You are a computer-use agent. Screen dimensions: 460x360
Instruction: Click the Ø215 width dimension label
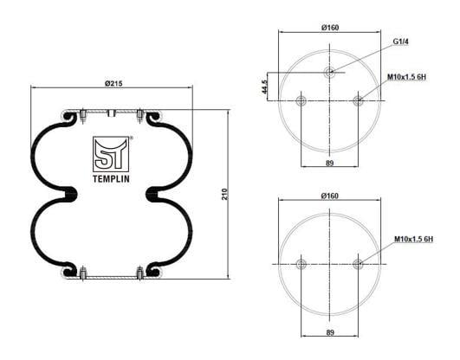pyautogui.click(x=113, y=84)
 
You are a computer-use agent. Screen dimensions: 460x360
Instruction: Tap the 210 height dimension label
pyautogui.click(x=224, y=194)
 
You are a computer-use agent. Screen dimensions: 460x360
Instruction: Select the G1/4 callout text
pyautogui.click(x=400, y=42)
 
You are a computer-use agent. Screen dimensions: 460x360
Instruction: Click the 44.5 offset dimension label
pyautogui.click(x=264, y=87)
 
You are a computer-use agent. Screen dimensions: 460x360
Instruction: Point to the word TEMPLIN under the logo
pyautogui.click(x=111, y=179)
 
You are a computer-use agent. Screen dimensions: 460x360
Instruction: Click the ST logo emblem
pyautogui.click(x=111, y=154)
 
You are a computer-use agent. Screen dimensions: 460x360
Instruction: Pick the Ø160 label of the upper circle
pyautogui.click(x=330, y=28)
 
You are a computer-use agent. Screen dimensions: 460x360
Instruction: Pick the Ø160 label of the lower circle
pyautogui.click(x=330, y=196)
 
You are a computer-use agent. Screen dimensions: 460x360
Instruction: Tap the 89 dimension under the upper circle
pyautogui.click(x=330, y=163)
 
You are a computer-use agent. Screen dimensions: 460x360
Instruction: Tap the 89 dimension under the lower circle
pyautogui.click(x=330, y=332)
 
